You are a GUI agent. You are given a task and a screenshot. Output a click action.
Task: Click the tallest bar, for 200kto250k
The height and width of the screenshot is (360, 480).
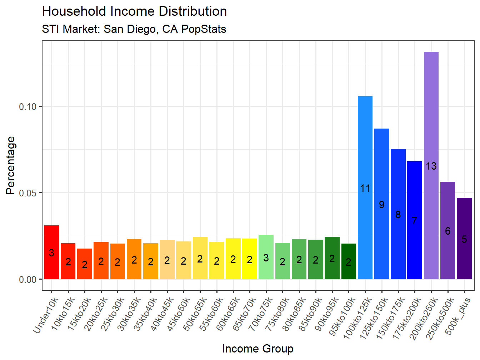(x=431, y=107)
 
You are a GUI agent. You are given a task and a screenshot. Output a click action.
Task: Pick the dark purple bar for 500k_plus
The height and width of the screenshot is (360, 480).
(x=464, y=221)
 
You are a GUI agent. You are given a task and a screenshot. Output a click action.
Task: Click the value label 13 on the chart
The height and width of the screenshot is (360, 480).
(x=431, y=166)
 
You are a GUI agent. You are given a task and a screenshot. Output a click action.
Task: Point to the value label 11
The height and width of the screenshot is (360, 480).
(x=365, y=188)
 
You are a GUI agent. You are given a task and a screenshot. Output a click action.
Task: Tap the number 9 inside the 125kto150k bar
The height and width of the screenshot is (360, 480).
(x=381, y=205)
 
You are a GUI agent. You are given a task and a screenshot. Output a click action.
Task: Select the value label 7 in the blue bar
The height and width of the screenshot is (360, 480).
(x=414, y=221)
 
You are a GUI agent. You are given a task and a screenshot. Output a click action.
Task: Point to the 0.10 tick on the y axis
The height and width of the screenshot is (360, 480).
(x=27, y=107)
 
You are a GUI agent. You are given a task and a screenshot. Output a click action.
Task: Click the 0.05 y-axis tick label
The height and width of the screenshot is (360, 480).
(x=27, y=193)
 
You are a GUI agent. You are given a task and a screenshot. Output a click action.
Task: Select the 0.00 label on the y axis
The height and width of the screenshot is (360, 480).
(x=27, y=280)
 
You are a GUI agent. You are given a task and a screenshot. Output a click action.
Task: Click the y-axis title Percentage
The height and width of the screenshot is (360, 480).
(x=11, y=165)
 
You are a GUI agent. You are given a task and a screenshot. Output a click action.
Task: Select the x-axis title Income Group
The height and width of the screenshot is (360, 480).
(x=257, y=349)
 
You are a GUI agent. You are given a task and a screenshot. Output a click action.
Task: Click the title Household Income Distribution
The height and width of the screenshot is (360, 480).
(x=134, y=11)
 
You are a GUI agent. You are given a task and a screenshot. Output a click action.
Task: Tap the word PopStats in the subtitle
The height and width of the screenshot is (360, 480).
(x=204, y=29)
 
